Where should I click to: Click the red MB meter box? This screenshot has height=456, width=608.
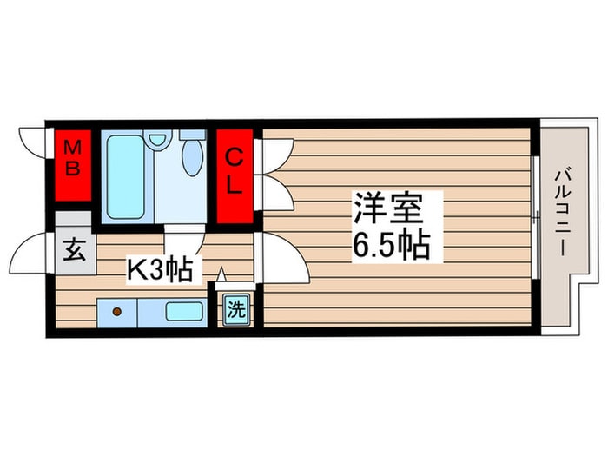73,165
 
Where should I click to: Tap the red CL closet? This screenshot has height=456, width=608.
235,176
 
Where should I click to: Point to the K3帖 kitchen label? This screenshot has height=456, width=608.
160,270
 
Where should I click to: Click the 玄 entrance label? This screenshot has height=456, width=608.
74,250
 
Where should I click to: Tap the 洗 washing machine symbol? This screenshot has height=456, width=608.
236,310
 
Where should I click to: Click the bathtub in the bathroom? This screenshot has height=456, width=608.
125,177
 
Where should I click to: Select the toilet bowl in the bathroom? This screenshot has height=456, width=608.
193,158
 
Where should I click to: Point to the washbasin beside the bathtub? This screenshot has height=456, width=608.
158,138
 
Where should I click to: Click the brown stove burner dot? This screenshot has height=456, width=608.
116,311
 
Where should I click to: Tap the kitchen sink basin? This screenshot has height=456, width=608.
184,311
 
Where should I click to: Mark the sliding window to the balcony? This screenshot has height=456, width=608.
536,217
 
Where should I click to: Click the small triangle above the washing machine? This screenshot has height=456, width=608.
221,274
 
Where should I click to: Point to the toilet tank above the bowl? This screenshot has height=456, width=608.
193,134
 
